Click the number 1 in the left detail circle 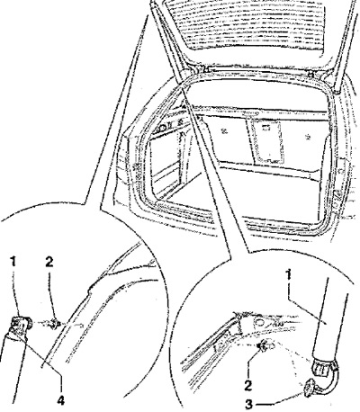tap(13, 263)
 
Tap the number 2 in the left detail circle tap(49, 262)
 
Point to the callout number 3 tap(249, 405)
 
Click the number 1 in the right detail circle tap(289, 275)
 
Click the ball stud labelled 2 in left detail tap(55, 324)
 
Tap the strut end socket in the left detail tap(20, 327)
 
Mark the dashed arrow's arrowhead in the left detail tap(80, 325)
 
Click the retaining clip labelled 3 tap(310, 388)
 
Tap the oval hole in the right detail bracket tap(257, 322)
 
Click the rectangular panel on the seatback tap(266, 140)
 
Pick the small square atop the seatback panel tap(265, 127)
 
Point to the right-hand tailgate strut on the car tap(344, 48)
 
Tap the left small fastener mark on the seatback tap(224, 130)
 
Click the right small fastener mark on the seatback tap(307, 138)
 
